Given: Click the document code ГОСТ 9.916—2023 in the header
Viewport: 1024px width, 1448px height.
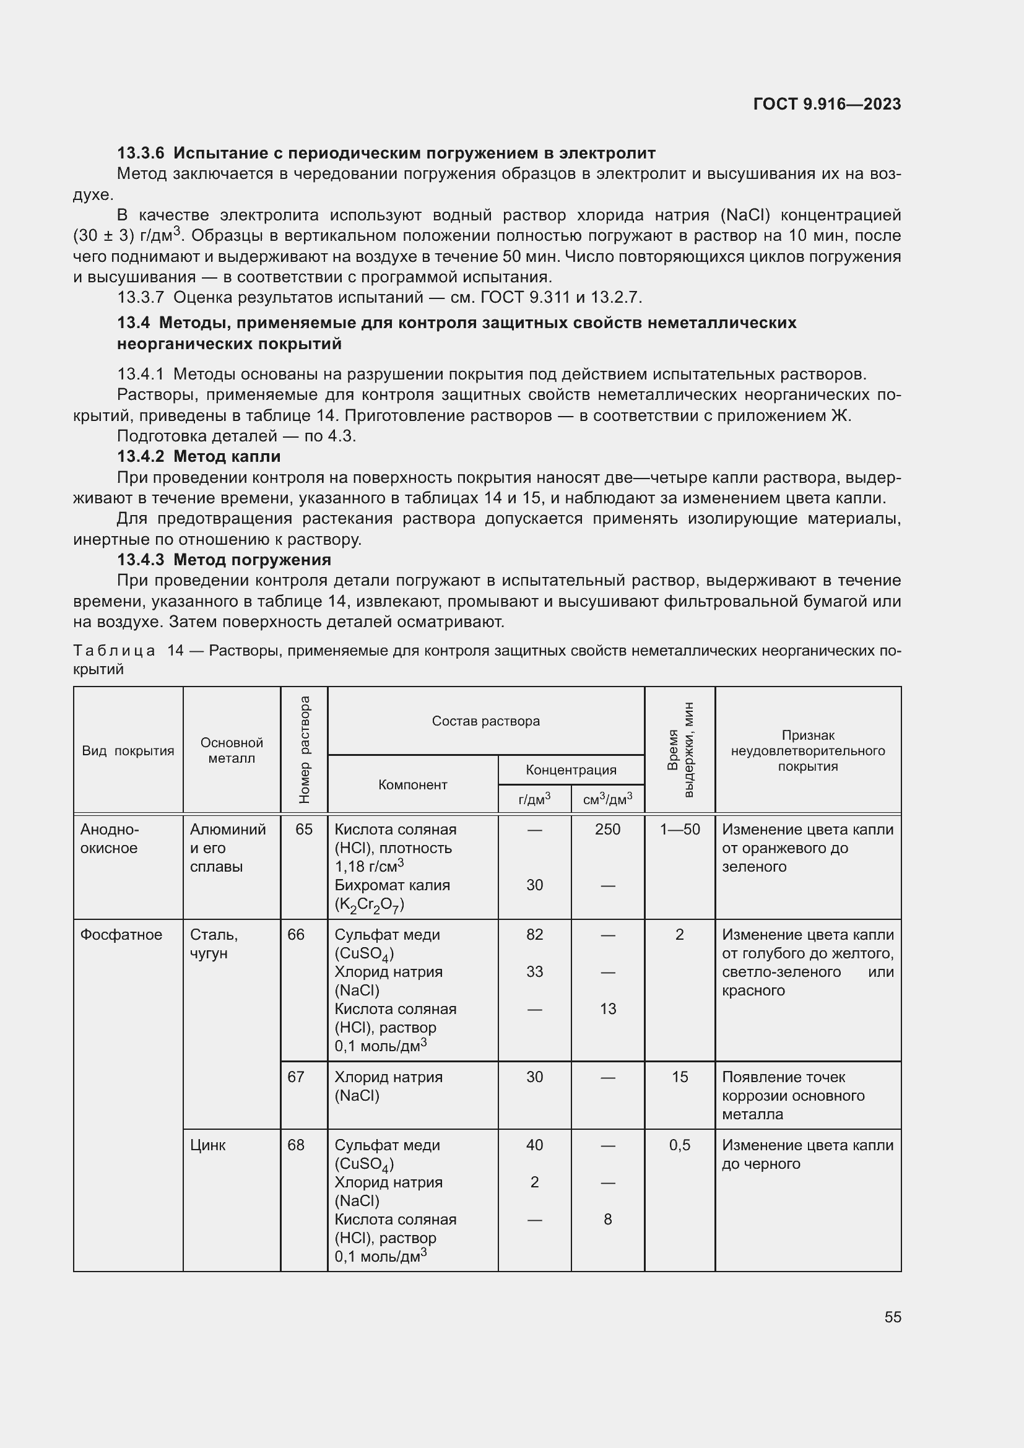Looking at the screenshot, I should click(x=827, y=104).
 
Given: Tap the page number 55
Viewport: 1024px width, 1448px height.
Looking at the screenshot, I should click(x=892, y=1317).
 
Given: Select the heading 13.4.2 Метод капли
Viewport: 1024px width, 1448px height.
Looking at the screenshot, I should click(x=199, y=456).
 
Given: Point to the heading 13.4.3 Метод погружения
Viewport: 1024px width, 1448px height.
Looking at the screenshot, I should click(x=224, y=560).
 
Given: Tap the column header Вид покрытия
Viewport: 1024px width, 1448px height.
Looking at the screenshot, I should click(x=128, y=750).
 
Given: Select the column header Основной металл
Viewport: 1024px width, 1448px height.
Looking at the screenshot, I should click(x=232, y=750).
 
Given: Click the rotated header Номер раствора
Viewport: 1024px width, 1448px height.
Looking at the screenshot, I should click(x=305, y=750).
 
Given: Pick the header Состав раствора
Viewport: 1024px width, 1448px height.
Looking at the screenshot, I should click(x=485, y=721).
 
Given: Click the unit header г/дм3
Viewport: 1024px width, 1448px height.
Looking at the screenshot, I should click(x=534, y=799).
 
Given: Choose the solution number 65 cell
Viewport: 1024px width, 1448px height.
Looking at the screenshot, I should click(x=304, y=830).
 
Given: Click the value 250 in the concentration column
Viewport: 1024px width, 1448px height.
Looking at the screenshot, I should click(x=607, y=830).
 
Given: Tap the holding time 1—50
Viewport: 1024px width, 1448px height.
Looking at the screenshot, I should click(x=679, y=830).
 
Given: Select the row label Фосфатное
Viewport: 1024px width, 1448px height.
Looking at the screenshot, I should click(x=121, y=935).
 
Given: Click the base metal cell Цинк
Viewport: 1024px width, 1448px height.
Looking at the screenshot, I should click(x=207, y=1145).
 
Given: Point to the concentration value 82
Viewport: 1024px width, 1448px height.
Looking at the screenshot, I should click(x=534, y=935).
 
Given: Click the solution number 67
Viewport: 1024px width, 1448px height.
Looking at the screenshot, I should click(x=296, y=1077).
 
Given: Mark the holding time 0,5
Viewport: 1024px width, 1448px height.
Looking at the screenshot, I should click(x=679, y=1145).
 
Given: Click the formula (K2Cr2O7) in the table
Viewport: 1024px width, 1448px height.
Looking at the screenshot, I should click(x=370, y=904).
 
